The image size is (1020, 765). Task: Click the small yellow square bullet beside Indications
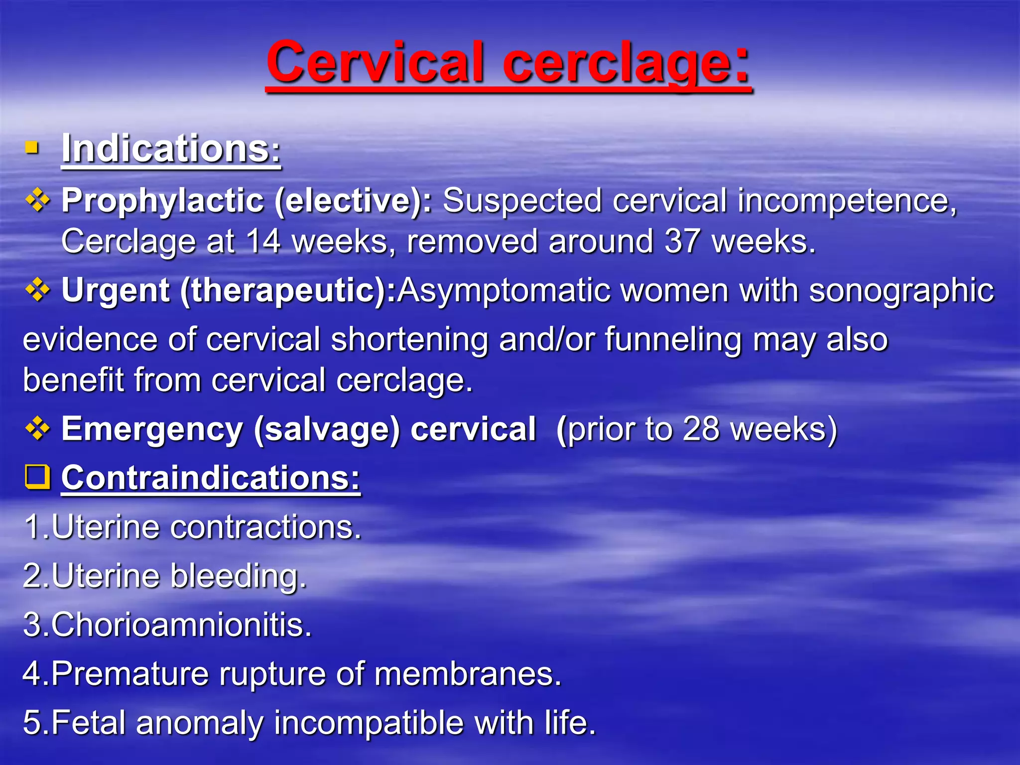click(x=32, y=148)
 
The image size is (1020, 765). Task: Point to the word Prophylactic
click(x=162, y=201)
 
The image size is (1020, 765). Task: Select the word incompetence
click(x=847, y=200)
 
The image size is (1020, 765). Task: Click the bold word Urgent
click(x=116, y=290)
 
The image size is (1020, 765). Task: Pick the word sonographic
click(x=901, y=290)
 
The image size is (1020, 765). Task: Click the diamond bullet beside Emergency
click(x=37, y=429)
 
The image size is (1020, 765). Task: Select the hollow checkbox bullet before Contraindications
click(x=37, y=477)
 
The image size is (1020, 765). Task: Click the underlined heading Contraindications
click(x=210, y=478)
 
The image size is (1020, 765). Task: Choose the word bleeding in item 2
click(x=238, y=576)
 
